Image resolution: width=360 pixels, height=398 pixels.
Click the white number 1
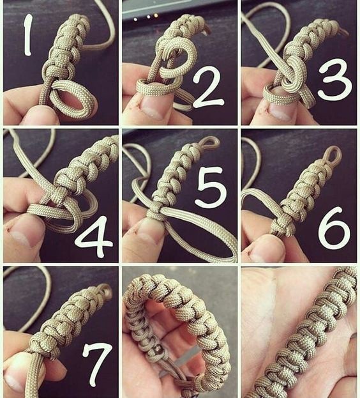tap(28, 35)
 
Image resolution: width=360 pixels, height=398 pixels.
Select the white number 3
tap(334, 79)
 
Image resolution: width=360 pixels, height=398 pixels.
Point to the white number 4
tap(94, 236)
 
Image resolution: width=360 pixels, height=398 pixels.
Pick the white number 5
tap(211, 187)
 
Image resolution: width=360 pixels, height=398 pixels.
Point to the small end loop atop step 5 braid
tap(209, 142)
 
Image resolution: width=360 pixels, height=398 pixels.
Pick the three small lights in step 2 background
tap(146, 17)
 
